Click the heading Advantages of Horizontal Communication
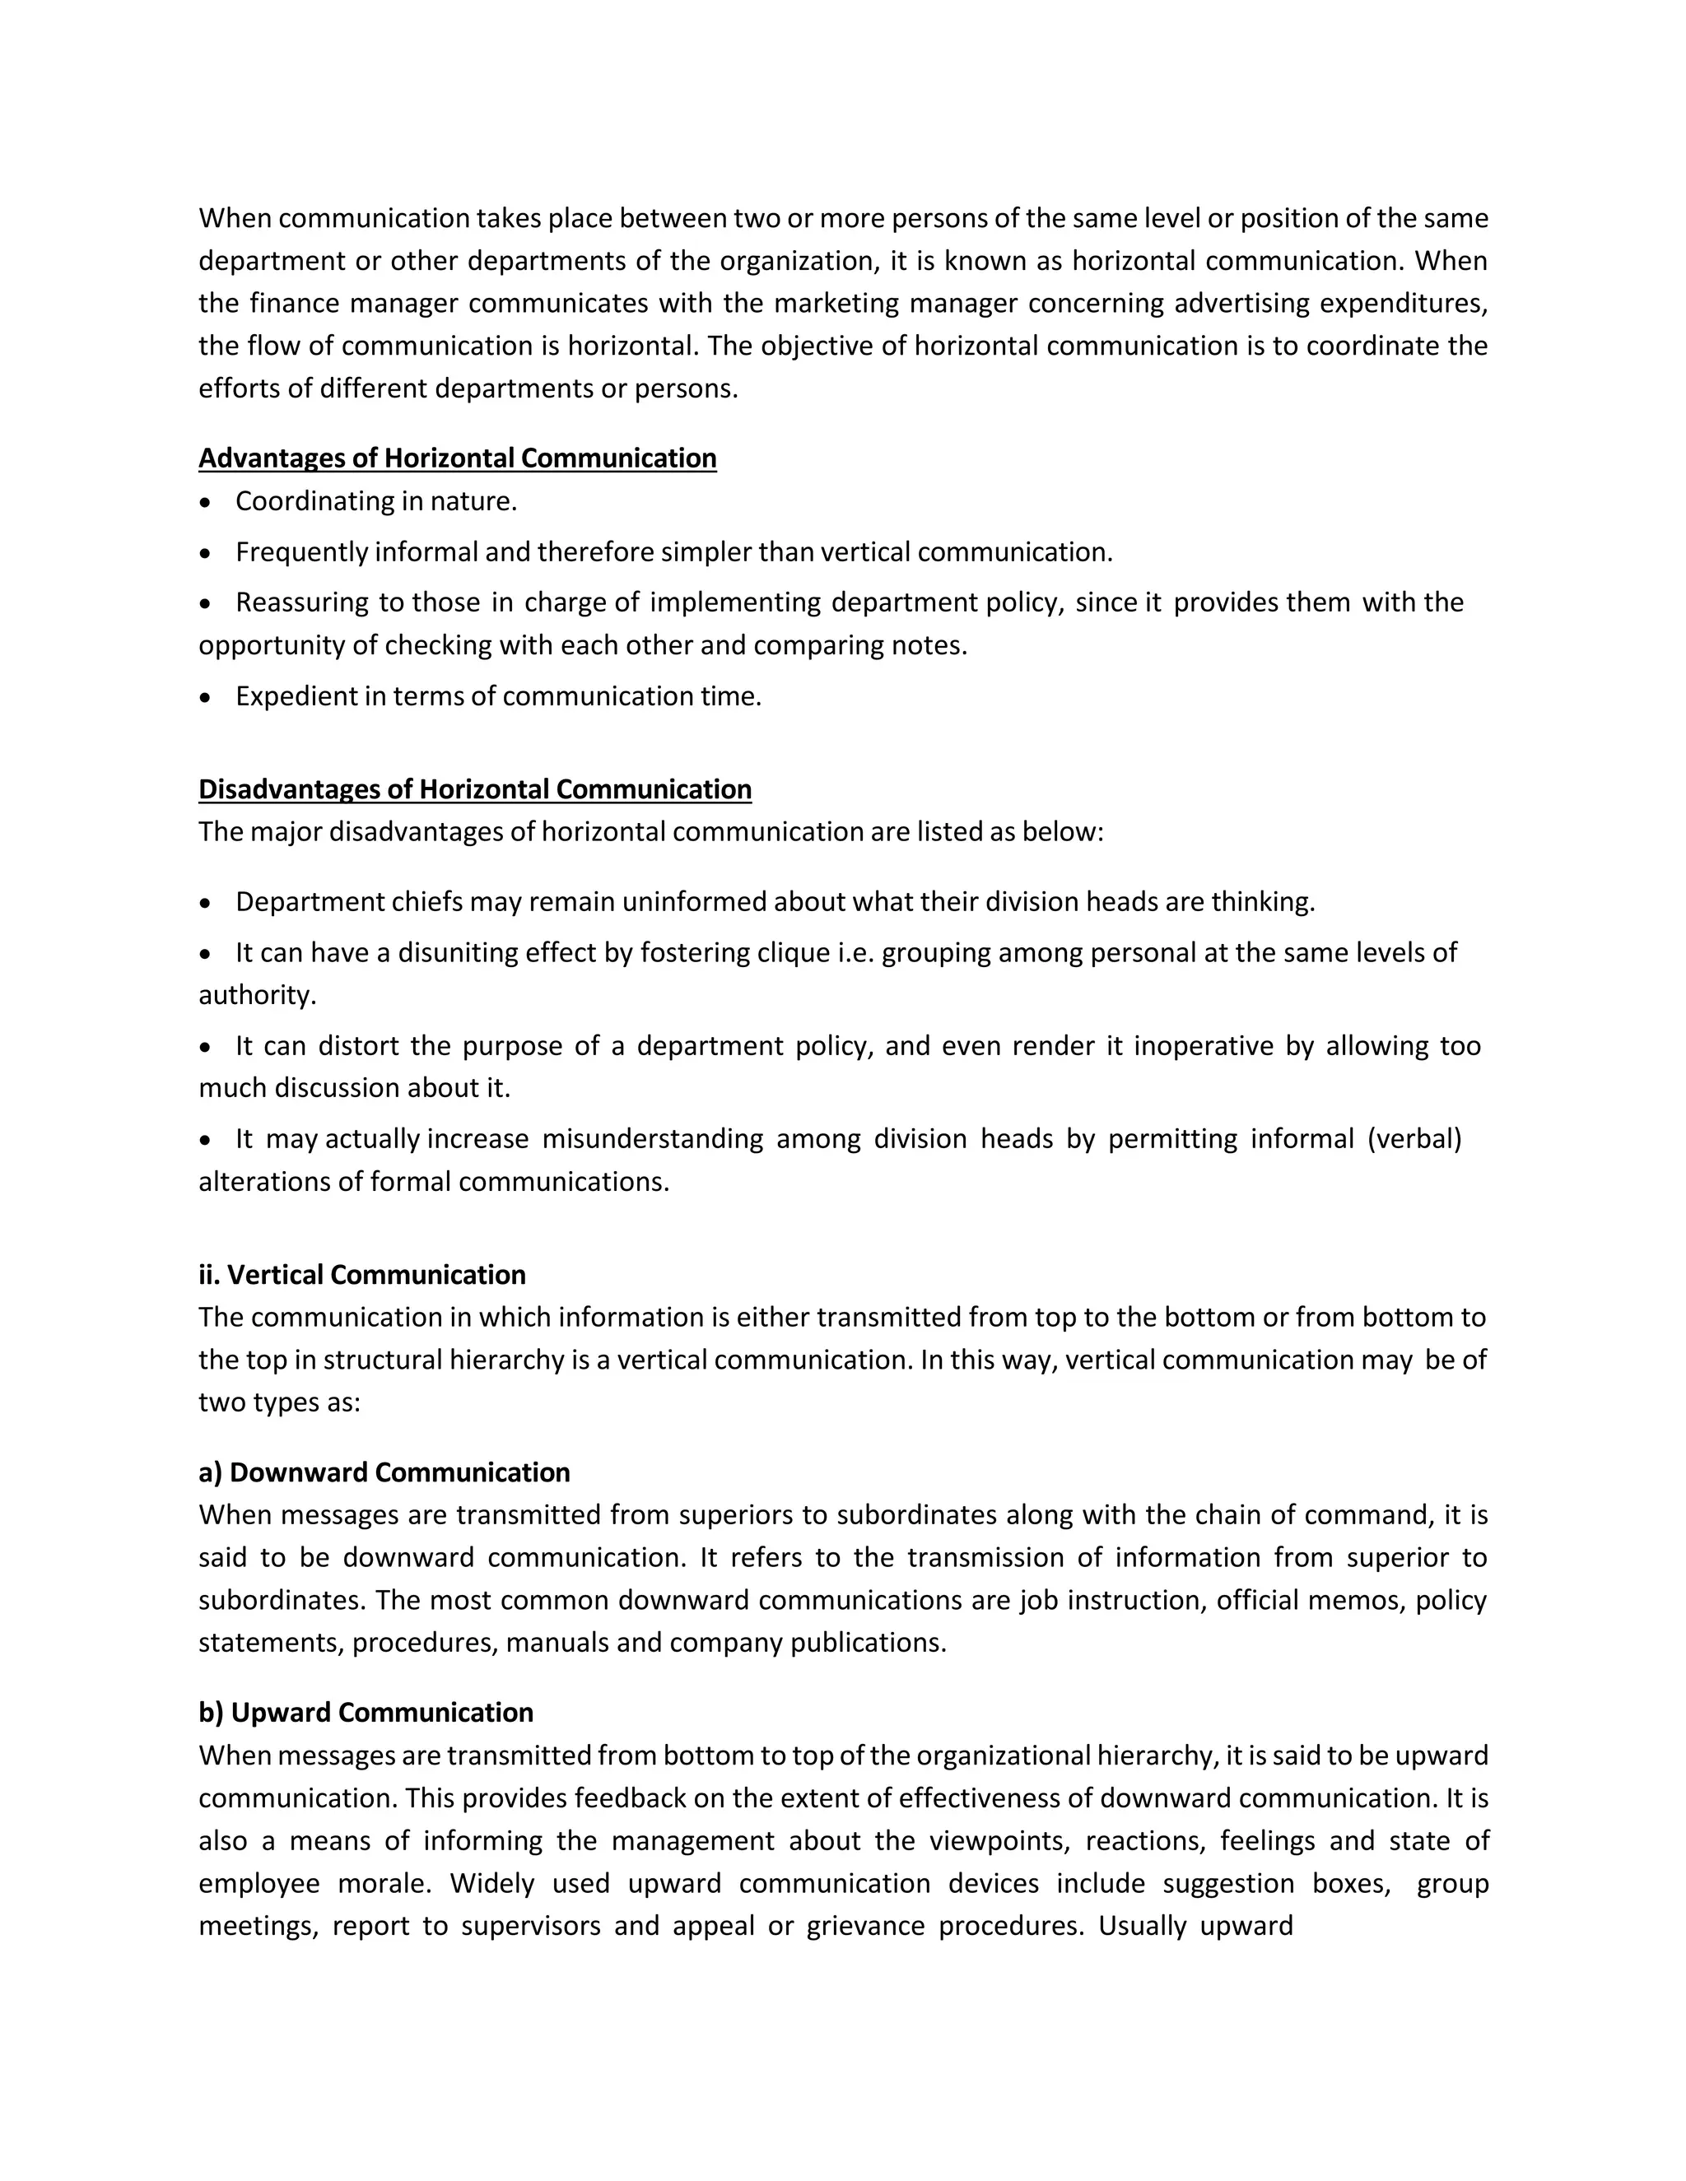[458, 458]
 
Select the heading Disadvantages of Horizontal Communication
[474, 789]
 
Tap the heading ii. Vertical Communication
[361, 1274]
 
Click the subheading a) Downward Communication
[384, 1472]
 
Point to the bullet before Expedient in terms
[206, 698]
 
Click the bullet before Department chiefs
[206, 904]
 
